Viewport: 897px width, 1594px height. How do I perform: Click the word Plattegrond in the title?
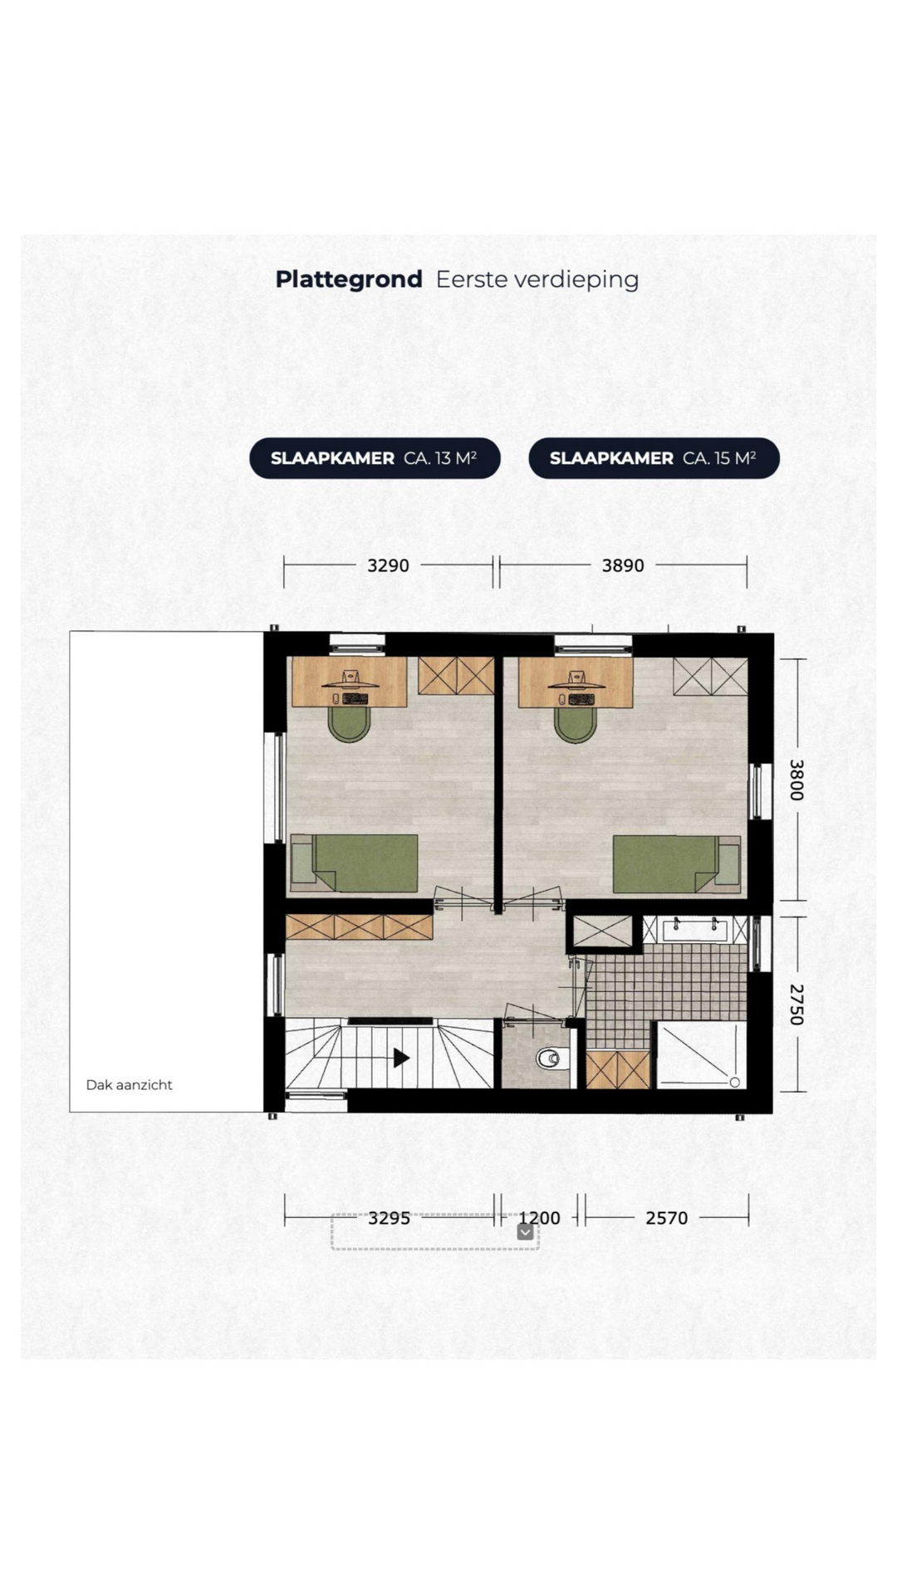click(x=349, y=281)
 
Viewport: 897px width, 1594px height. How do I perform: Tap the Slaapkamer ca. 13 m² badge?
click(x=375, y=458)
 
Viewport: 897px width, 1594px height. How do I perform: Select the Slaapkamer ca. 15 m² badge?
click(x=654, y=458)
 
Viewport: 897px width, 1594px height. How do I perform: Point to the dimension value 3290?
click(x=388, y=565)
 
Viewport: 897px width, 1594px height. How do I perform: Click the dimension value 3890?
click(x=623, y=565)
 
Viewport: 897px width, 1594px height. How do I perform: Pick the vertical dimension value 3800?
click(x=796, y=780)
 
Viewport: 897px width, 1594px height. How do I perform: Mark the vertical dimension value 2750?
click(x=796, y=1005)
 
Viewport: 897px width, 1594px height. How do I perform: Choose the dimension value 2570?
click(x=667, y=1218)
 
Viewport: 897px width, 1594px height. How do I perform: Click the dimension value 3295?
click(x=389, y=1218)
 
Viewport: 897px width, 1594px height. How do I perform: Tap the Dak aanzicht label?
click(x=130, y=1085)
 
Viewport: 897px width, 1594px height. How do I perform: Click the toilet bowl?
click(x=552, y=1058)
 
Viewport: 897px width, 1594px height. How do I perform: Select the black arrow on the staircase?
click(x=401, y=1058)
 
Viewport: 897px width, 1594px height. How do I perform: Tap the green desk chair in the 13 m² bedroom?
click(x=349, y=724)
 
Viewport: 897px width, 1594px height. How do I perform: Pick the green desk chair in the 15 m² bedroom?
click(x=575, y=724)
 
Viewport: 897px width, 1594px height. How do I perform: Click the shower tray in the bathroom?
click(x=701, y=1055)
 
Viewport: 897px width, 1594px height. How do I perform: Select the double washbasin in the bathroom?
click(x=695, y=929)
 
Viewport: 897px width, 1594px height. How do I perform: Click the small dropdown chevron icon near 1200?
click(x=525, y=1232)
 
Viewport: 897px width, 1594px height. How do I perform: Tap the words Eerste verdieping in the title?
click(x=537, y=281)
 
